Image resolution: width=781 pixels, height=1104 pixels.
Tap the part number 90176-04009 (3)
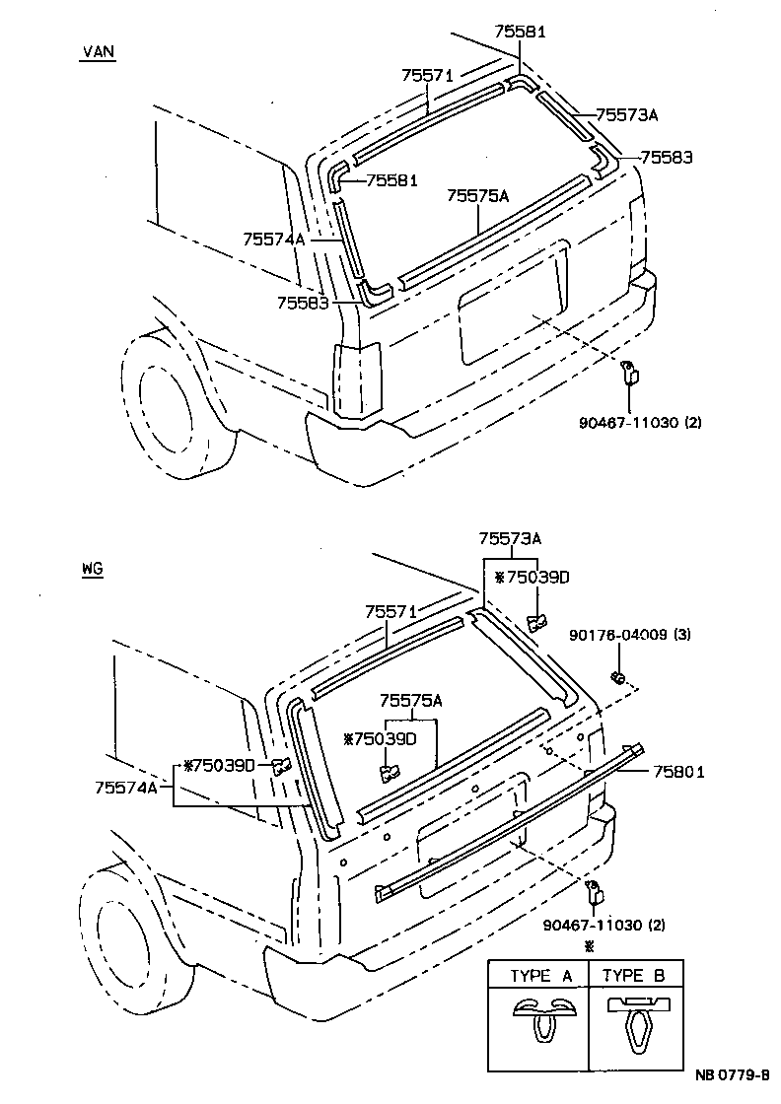click(629, 635)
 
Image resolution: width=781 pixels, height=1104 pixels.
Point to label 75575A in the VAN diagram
click(477, 196)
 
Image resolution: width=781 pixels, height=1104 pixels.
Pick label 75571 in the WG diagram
click(390, 612)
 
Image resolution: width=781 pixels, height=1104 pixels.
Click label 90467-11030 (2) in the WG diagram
click(603, 925)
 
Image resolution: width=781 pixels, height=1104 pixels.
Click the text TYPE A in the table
click(540, 977)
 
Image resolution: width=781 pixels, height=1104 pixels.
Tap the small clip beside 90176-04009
click(618, 677)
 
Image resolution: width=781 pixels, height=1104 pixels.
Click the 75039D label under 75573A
click(532, 578)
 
